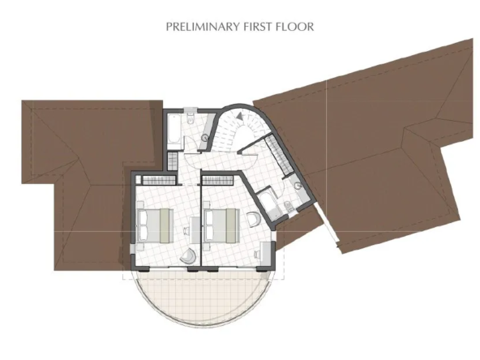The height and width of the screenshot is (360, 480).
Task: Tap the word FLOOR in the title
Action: point(295,27)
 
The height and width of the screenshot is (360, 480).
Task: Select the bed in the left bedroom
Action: point(156,225)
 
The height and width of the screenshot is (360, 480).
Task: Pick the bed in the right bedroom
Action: point(222,225)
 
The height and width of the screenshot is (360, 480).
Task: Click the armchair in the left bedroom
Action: point(187,255)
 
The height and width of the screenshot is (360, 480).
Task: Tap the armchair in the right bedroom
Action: point(254,219)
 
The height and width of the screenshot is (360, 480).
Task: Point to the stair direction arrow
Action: point(240,116)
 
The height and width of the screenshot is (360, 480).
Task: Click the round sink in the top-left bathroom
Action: point(205,138)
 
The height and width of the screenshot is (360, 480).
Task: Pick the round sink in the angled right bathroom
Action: point(298,185)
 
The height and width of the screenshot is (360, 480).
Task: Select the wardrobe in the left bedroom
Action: point(158,180)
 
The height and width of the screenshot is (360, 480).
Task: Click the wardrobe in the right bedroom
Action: point(217,180)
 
